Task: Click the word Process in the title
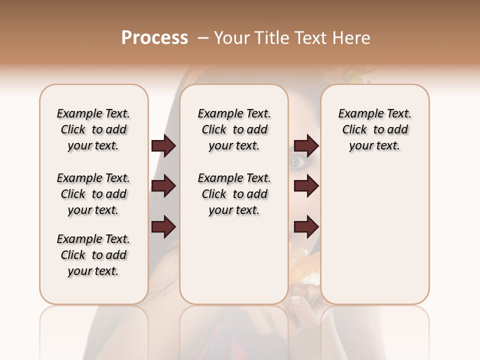click(154, 38)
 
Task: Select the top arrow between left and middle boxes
click(163, 145)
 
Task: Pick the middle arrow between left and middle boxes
click(163, 186)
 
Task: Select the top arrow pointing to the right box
click(306, 145)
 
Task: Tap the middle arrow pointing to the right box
click(306, 186)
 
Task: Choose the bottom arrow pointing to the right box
click(306, 226)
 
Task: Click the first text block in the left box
click(93, 129)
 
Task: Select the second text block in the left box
click(93, 194)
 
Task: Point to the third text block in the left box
click(93, 255)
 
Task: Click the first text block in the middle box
click(234, 129)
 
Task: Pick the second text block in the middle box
click(234, 194)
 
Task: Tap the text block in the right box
click(375, 129)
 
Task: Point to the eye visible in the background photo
click(296, 161)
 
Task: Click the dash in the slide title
click(203, 38)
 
